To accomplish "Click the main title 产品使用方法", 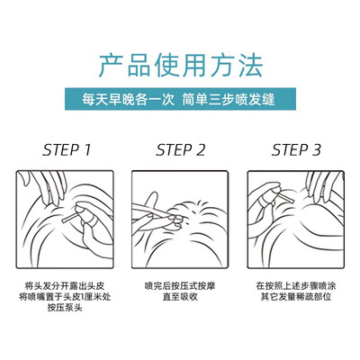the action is coord(181,65).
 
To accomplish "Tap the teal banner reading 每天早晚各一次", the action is coord(180,99).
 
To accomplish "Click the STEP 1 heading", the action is coord(67,150).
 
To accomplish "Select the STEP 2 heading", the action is coord(181,150).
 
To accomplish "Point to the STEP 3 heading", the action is coord(296,150).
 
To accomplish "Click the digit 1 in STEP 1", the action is coord(87,150).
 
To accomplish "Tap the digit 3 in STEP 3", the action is coord(317,150).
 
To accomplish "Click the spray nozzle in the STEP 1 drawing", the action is coord(69,218).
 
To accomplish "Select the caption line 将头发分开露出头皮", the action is coord(65,286).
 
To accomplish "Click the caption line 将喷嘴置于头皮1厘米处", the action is coord(65,297).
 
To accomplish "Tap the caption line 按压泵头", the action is coord(65,308).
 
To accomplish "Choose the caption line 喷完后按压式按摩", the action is coord(180,286).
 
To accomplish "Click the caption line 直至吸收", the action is coord(180,297).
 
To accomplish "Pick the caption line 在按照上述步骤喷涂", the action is coord(296,286).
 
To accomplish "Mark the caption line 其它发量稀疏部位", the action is coord(296,297).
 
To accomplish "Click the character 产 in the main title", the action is coord(110,65).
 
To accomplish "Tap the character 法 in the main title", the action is coord(251,65).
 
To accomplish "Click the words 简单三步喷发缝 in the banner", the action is coord(229,99).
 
